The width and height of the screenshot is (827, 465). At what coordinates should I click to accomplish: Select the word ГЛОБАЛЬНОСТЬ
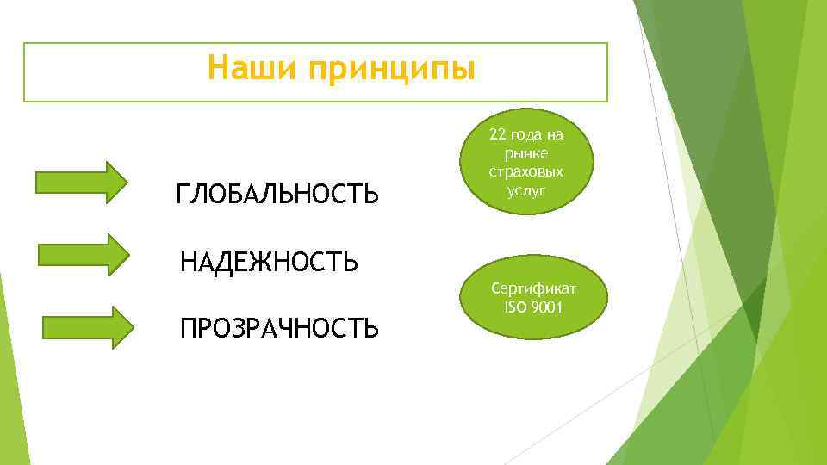coord(277,195)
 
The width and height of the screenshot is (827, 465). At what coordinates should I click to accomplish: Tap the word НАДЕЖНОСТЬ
coord(269,261)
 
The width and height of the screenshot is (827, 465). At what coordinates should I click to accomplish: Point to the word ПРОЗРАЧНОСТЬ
coord(278,328)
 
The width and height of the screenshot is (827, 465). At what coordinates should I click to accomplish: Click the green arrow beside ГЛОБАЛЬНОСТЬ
coord(81,182)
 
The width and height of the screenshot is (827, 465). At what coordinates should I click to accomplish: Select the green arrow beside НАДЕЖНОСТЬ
coord(84,254)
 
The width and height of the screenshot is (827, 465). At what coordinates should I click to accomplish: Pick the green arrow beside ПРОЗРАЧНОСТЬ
coord(88,326)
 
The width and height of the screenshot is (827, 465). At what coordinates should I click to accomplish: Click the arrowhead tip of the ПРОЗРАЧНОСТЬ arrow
coord(133,326)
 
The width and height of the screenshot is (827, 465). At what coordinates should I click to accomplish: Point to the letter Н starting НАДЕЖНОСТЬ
coord(189,261)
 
